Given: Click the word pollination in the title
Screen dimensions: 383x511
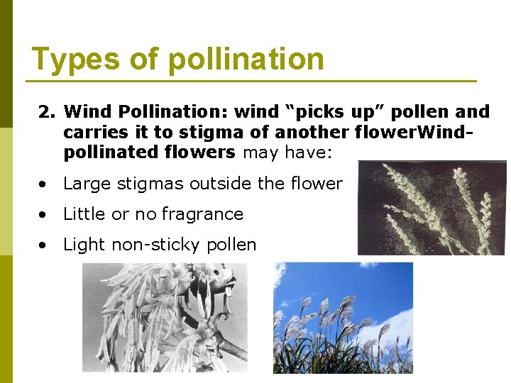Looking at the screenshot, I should [x=246, y=60].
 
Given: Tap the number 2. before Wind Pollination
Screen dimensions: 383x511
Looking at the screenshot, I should [x=47, y=112].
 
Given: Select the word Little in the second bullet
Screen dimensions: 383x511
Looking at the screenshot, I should [x=82, y=214].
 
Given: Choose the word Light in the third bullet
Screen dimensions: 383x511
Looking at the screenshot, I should [x=82, y=245].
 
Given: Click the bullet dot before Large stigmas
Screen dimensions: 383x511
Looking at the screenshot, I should [x=44, y=184].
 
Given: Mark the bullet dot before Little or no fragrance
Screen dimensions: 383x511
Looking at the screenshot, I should [x=44, y=215].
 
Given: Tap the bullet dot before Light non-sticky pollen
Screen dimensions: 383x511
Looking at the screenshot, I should [x=44, y=245].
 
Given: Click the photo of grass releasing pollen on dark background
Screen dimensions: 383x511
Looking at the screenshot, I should [x=432, y=208].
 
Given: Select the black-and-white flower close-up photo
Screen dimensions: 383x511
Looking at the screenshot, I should [x=165, y=317].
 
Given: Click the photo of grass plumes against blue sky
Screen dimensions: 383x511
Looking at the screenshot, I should [x=344, y=317].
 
